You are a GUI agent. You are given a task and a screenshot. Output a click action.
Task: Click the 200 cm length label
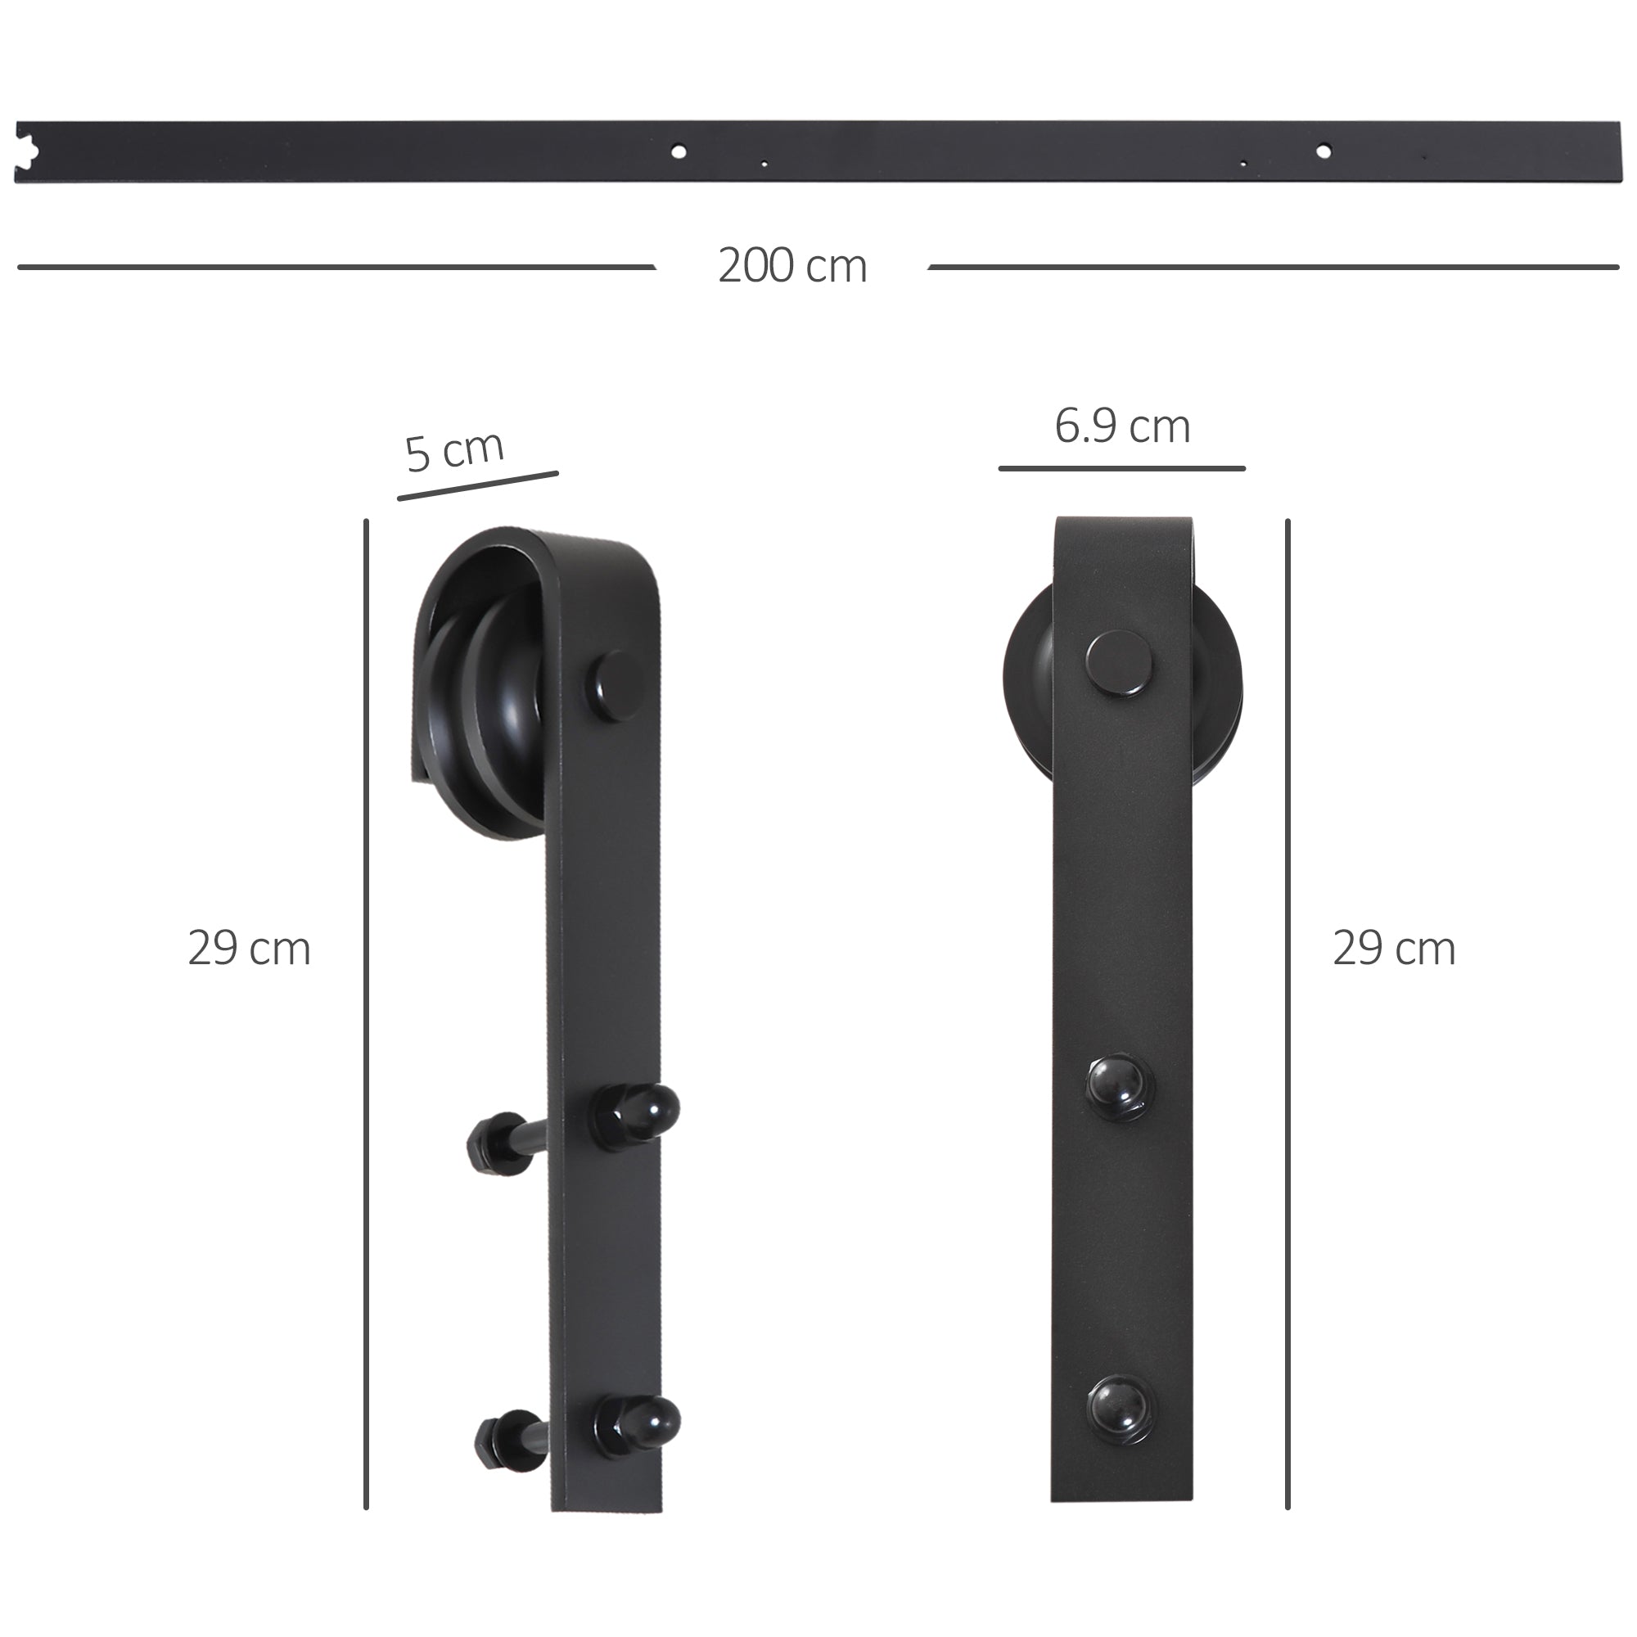[x=792, y=266]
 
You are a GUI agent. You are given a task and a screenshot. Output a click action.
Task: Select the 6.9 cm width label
[x=1122, y=426]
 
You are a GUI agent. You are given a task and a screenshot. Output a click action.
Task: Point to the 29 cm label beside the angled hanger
[x=249, y=949]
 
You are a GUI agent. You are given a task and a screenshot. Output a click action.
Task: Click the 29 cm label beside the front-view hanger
[x=1394, y=949]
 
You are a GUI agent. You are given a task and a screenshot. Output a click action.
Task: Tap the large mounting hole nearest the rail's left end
[x=678, y=152]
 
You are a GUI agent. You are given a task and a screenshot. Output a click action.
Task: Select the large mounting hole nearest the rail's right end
[x=1323, y=151]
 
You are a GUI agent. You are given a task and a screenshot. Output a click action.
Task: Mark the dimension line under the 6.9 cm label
[x=1122, y=467]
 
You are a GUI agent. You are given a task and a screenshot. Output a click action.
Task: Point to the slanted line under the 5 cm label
[x=478, y=485]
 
